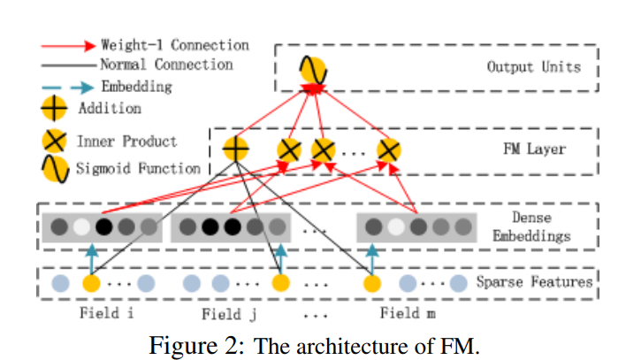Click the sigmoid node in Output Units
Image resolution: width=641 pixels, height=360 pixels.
pyautogui.click(x=315, y=70)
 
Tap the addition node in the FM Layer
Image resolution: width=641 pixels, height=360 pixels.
pyautogui.click(x=236, y=149)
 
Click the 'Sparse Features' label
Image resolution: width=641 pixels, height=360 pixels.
pyautogui.click(x=533, y=283)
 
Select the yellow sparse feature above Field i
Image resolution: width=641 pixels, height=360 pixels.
pyautogui.click(x=91, y=284)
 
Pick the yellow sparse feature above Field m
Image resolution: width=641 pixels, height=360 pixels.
pyautogui.click(x=372, y=284)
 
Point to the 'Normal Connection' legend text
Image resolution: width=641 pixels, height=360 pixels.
pyautogui.click(x=166, y=65)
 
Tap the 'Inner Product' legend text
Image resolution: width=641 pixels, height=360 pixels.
pyautogui.click(x=140, y=141)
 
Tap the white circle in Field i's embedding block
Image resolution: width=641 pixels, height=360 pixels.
pyautogui.click(x=80, y=227)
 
